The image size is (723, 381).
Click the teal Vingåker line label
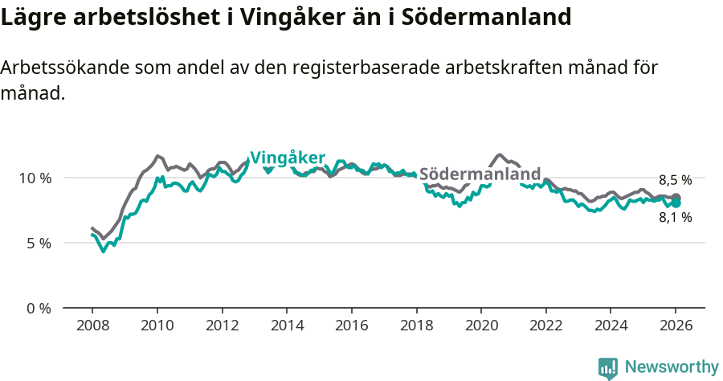tap(288, 158)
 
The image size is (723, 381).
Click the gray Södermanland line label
tap(480, 174)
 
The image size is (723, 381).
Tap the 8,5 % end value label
tap(675, 180)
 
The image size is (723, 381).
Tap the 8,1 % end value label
tap(675, 217)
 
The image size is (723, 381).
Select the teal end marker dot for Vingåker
tap(676, 203)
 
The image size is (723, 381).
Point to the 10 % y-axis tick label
tap(35, 178)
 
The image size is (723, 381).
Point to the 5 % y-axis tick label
tap(39, 243)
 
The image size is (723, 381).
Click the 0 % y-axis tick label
tap(39, 308)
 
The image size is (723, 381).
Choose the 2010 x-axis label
tap(157, 326)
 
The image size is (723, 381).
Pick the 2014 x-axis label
tap(286, 326)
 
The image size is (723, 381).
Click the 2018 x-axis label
tap(416, 326)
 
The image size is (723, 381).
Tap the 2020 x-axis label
tap(480, 326)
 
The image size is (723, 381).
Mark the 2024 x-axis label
tap(611, 326)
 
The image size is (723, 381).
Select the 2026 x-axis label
tap(676, 326)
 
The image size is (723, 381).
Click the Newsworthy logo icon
tap(608, 368)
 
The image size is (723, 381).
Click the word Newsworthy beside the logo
tap(672, 367)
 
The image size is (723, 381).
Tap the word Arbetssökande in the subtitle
tap(67, 68)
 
